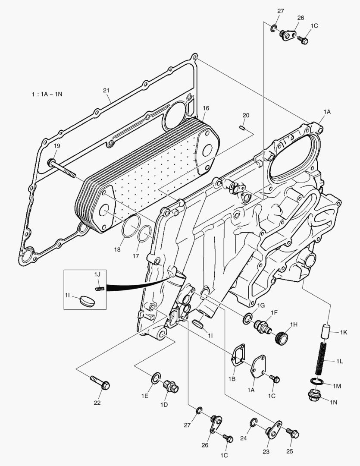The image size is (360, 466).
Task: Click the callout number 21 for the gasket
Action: (106, 90)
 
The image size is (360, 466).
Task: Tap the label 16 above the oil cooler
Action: (206, 108)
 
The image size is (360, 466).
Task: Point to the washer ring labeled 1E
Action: (157, 378)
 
